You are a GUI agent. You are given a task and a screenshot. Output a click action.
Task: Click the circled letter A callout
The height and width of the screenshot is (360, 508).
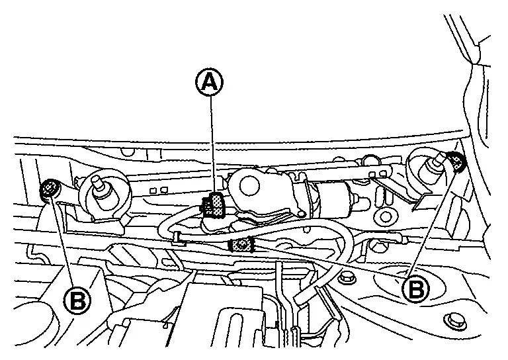pyautogui.click(x=209, y=82)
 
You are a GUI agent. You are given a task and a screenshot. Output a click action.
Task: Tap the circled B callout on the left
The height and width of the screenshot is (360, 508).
pyautogui.click(x=78, y=301)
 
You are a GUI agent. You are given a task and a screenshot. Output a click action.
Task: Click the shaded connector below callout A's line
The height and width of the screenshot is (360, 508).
pyautogui.click(x=214, y=205)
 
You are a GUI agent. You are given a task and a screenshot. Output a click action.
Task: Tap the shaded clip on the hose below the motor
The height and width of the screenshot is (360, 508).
pyautogui.click(x=242, y=245)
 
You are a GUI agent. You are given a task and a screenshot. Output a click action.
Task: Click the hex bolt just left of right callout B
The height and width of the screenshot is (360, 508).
pyautogui.click(x=343, y=279)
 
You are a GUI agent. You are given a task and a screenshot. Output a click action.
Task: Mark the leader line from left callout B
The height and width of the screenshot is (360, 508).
pyautogui.click(x=63, y=245)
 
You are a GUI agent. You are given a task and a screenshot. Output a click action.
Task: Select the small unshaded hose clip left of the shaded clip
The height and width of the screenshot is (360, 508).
pyautogui.click(x=177, y=236)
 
